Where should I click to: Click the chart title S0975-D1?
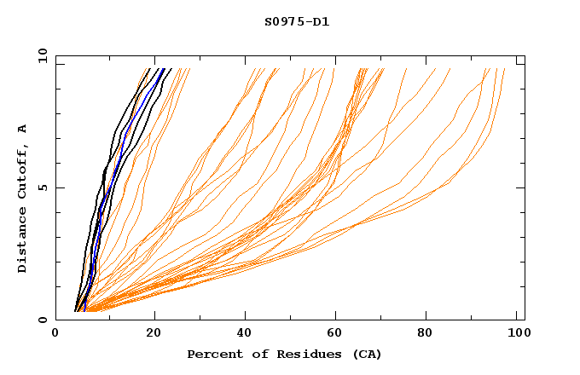297,21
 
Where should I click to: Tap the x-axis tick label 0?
55,334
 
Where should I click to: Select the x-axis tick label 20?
154,334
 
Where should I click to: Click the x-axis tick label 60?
337,334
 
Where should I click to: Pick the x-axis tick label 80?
431,334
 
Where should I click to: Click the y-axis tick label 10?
42,55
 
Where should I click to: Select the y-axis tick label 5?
42,187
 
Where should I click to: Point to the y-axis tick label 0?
42,320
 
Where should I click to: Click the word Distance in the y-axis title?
23,241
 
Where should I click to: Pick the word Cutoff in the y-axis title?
23,170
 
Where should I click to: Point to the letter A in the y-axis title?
23,129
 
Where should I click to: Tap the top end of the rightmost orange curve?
504,69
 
